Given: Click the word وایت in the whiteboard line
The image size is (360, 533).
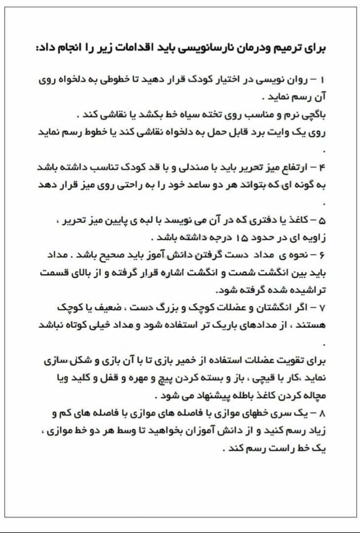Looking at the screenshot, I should [282, 133].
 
